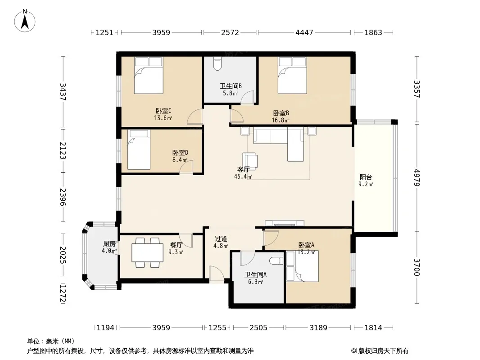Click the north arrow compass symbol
[x=25, y=21]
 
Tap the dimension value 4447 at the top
[x=304, y=32]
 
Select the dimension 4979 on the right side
[x=417, y=178]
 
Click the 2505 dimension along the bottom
[x=258, y=328]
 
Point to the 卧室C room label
[x=163, y=111]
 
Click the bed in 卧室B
[x=292, y=75]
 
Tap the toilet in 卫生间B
[x=217, y=63]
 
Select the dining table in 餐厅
[x=147, y=252]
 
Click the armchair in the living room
[x=250, y=161]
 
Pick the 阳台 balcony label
[x=366, y=177]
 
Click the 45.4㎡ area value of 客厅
[x=243, y=176]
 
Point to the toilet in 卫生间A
[x=277, y=261]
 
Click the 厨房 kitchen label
[x=109, y=244]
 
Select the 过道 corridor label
[x=221, y=238]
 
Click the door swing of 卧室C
[x=195, y=117]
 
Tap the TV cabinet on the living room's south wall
[x=285, y=223]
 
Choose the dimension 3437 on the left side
[x=63, y=92]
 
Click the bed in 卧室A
[x=303, y=266]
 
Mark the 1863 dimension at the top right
[x=373, y=32]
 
